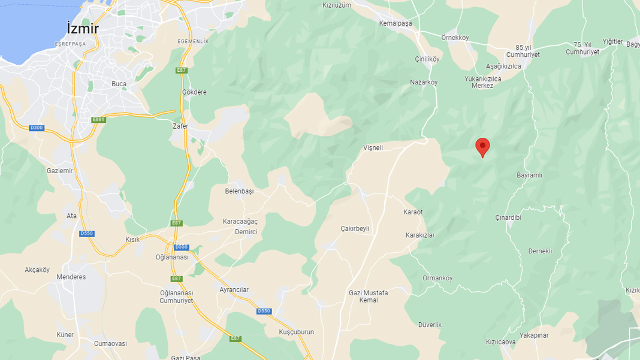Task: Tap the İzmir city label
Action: (83, 28)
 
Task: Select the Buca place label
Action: (119, 84)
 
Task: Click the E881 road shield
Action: (98, 119)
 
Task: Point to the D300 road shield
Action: (37, 128)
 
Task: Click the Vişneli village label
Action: (373, 147)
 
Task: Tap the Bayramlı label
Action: (529, 176)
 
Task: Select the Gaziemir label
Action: (59, 171)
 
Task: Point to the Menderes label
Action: (71, 277)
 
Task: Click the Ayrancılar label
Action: (234, 290)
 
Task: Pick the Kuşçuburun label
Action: (296, 332)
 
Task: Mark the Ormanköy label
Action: (437, 278)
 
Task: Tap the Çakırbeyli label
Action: (355, 229)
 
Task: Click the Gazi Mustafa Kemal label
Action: (368, 297)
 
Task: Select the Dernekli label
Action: (540, 251)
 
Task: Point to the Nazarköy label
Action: (424, 82)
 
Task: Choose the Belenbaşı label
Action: (239, 191)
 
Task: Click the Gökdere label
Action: (194, 92)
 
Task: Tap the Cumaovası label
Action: (110, 343)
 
